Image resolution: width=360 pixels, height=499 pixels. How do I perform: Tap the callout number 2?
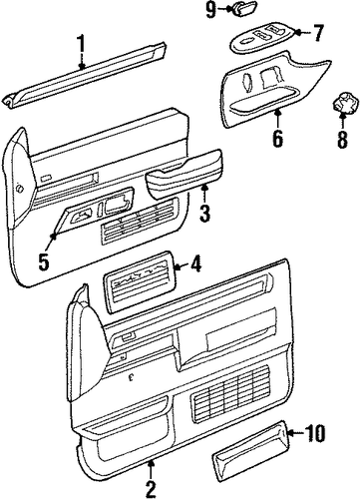point(151,488)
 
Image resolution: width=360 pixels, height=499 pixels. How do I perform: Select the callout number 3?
point(204,214)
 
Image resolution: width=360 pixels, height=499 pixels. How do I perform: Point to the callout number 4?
point(195,265)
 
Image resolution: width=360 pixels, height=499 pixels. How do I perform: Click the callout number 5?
point(44,260)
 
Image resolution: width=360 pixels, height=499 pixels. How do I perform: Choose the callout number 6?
point(278,138)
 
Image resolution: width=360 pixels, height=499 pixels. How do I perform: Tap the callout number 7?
point(316,32)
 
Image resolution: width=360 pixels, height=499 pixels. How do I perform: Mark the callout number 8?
point(342,139)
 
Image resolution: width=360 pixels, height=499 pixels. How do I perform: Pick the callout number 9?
point(210,10)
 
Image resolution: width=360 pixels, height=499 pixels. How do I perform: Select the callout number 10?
point(314,433)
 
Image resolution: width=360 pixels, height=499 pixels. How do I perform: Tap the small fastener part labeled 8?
point(346,103)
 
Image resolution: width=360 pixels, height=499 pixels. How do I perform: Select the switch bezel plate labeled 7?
point(262,39)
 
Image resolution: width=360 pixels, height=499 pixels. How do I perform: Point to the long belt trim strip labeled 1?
point(85,75)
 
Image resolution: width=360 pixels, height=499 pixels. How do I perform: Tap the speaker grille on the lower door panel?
point(229,389)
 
